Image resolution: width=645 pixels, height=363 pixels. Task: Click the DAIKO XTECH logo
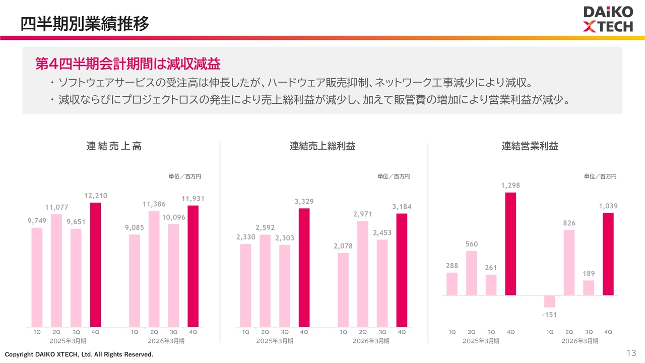pyautogui.click(x=608, y=19)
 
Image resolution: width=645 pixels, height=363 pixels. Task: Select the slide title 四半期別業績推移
pyautogui.click(x=85, y=24)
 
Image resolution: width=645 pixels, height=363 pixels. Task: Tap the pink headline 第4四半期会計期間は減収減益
pyautogui.click(x=128, y=64)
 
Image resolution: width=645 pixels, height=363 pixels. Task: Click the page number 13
pyautogui.click(x=631, y=353)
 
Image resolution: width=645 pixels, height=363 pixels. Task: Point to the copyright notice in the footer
pyautogui.click(x=79, y=354)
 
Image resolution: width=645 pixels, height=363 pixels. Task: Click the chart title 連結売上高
pyautogui.click(x=114, y=146)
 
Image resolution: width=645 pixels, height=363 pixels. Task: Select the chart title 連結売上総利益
pyautogui.click(x=322, y=146)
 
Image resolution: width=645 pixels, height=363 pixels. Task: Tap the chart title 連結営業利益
pyautogui.click(x=530, y=146)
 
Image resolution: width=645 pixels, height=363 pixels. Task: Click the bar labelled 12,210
pyautogui.click(x=96, y=265)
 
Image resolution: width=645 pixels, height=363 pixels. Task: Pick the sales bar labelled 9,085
pyautogui.click(x=135, y=281)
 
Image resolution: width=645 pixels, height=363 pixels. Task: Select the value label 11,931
pyautogui.click(x=193, y=199)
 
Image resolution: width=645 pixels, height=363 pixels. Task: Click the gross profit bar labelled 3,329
pyautogui.click(x=304, y=268)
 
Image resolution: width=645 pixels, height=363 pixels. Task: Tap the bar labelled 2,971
pyautogui.click(x=363, y=274)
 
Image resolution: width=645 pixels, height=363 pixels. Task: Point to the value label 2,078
pyautogui.click(x=343, y=246)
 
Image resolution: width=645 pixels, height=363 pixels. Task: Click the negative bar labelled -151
pyautogui.click(x=550, y=301)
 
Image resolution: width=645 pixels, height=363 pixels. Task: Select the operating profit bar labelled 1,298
pyautogui.click(x=510, y=244)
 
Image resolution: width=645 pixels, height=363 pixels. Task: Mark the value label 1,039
pyautogui.click(x=608, y=206)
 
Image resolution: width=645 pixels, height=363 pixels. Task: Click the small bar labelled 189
pyautogui.click(x=589, y=288)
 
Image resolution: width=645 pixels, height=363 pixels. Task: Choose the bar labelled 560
pyautogui.click(x=471, y=273)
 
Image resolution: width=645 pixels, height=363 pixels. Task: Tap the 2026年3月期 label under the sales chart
pyautogui.click(x=166, y=341)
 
